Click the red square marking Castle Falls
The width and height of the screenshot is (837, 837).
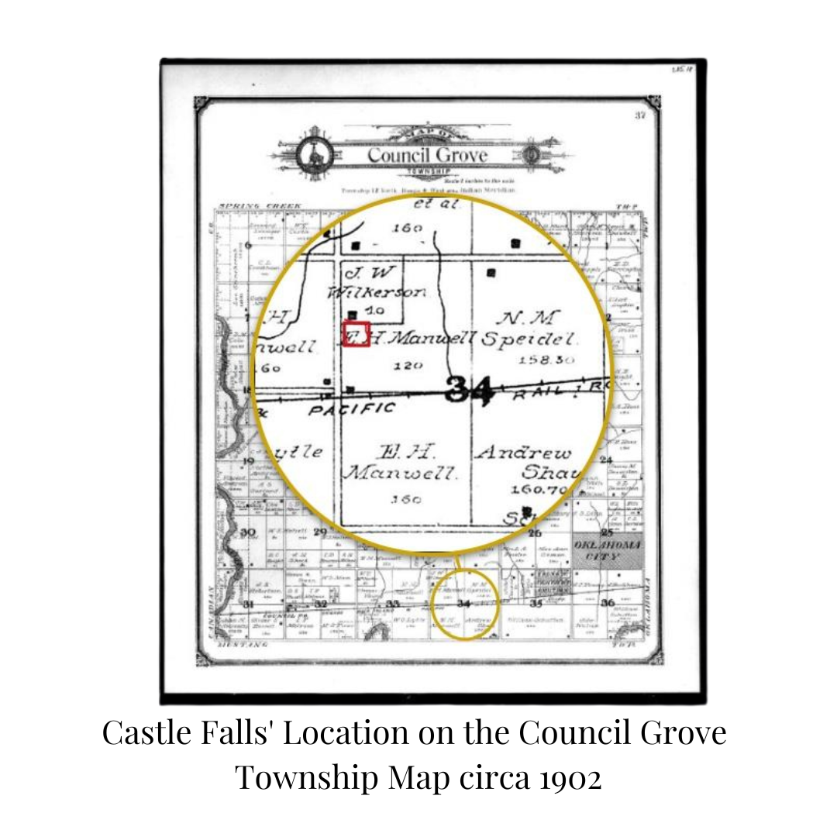(x=356, y=333)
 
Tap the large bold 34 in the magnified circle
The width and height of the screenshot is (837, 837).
(x=470, y=390)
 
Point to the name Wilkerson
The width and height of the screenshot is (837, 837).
(x=377, y=292)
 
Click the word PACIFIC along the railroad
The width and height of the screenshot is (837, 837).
(x=352, y=408)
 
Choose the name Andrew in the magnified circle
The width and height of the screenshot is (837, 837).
(x=523, y=453)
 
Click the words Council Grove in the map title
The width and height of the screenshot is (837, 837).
(x=427, y=154)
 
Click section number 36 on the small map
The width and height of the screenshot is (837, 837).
(x=608, y=603)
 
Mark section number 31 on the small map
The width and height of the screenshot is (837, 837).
(x=248, y=604)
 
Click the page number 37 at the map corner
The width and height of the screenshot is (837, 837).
(x=640, y=115)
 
